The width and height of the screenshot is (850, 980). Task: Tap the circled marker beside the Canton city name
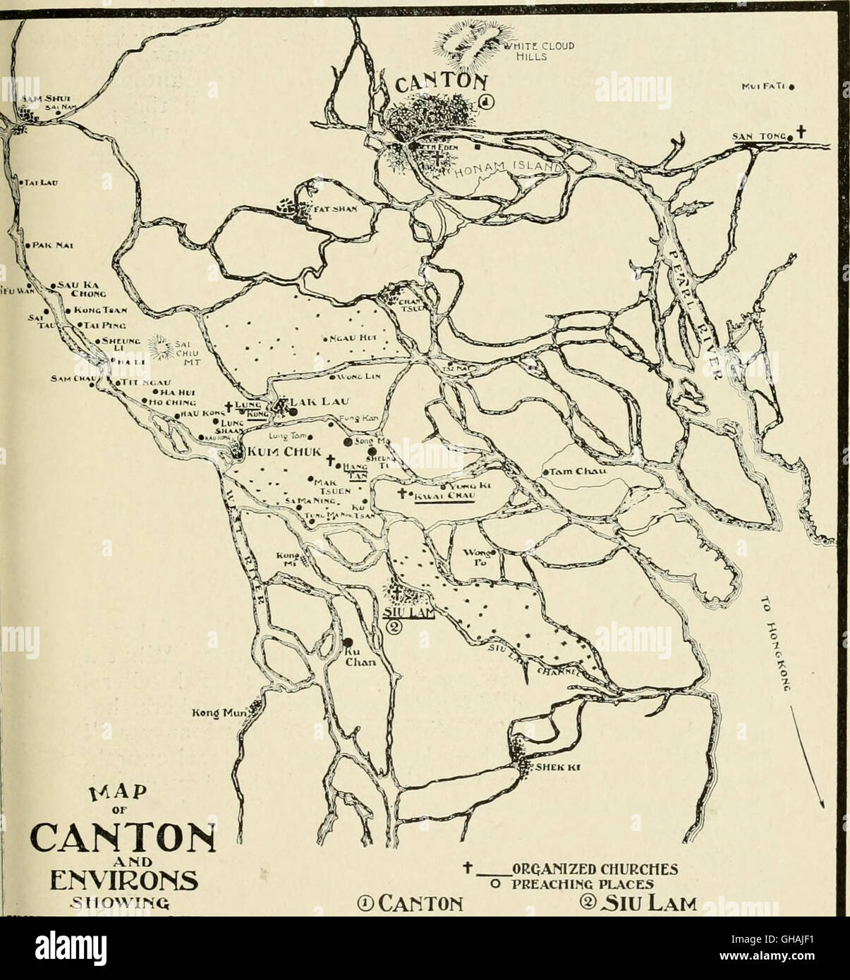[x=487, y=103]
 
